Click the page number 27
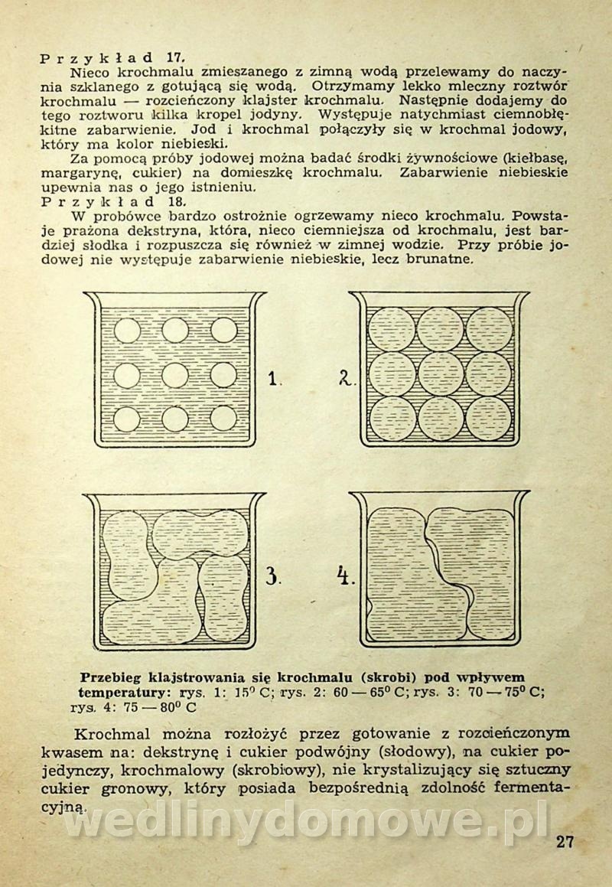tap(565, 842)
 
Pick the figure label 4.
tap(346, 576)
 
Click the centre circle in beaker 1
tap(175, 375)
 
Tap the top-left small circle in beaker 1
tap(127, 331)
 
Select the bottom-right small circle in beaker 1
tap(223, 419)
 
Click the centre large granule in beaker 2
tap(441, 374)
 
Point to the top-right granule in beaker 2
tap(489, 329)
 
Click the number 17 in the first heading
tap(172, 57)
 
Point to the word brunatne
tap(440, 259)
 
